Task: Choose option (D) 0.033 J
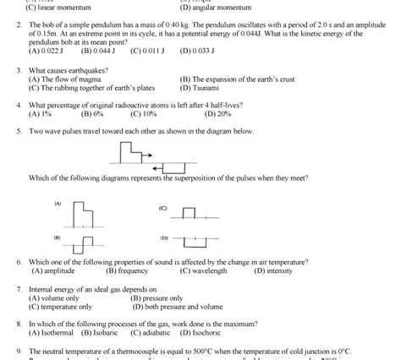click(198, 51)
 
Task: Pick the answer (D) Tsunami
click(201, 87)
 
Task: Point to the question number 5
click(19, 132)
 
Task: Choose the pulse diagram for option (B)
click(83, 244)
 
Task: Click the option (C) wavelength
click(204, 271)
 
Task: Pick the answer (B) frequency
click(128, 271)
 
